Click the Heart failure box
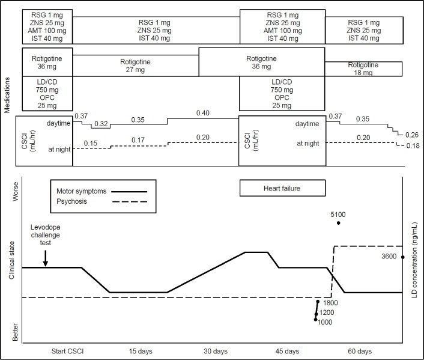282,188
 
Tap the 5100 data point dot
339,223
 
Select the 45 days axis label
288,350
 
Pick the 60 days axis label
360,350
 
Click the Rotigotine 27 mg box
136,65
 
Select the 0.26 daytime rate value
411,135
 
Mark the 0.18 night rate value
411,146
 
